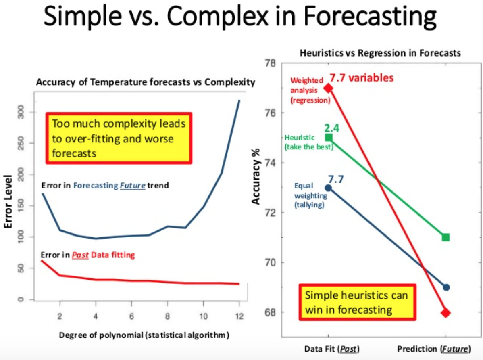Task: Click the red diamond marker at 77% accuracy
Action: point(328,88)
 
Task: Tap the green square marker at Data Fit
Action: point(328,138)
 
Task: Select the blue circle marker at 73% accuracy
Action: point(328,188)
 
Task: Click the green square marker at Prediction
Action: point(446,237)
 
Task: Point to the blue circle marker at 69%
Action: point(446,287)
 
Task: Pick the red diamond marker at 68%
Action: point(446,312)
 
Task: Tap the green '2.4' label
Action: point(331,128)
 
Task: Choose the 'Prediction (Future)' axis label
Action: point(433,349)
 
